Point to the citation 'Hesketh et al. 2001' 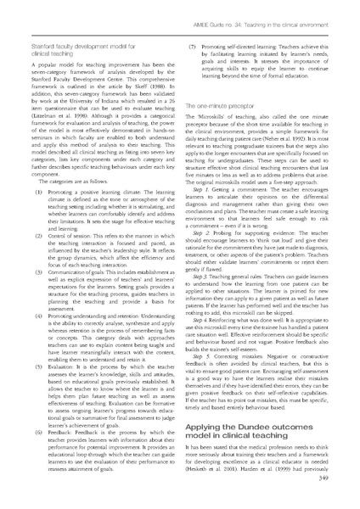pos(221,490)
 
